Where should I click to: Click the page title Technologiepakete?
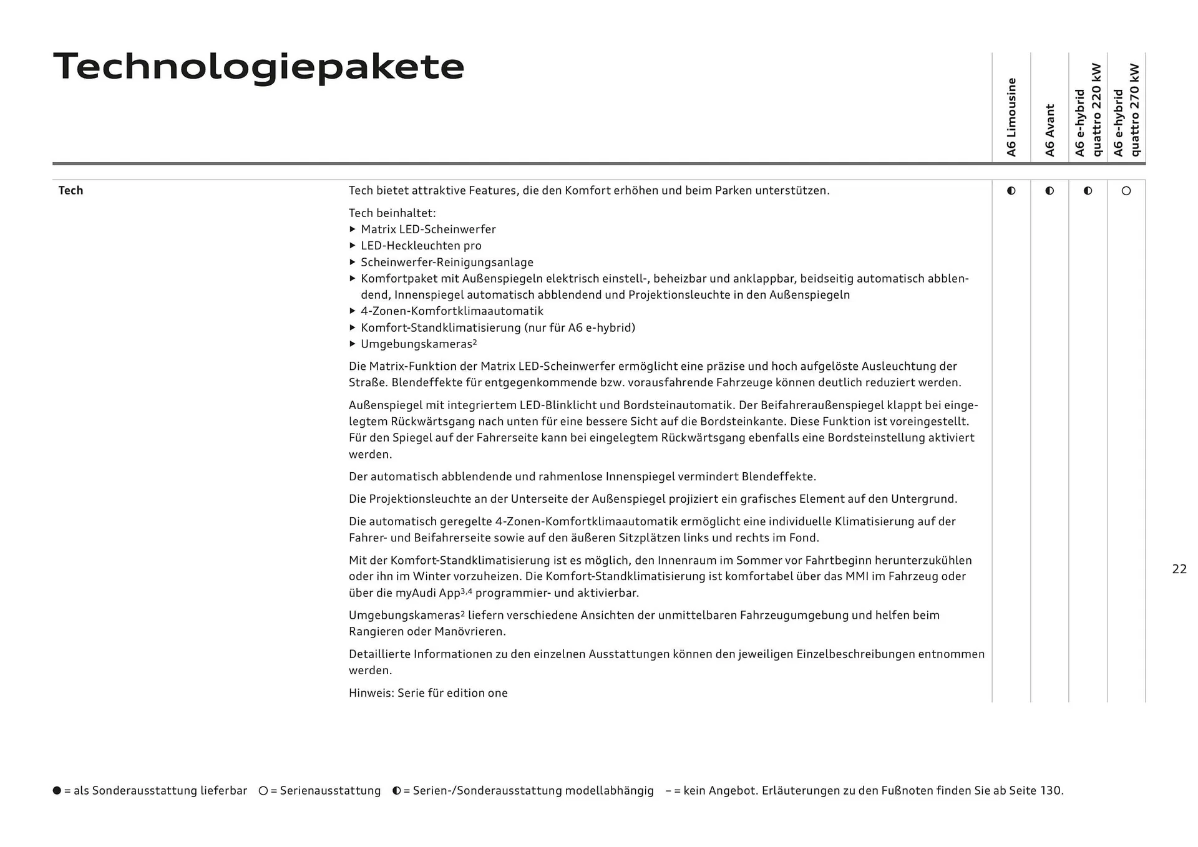point(258,67)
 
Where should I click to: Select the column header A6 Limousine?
point(1011,117)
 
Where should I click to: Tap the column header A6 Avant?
point(1049,130)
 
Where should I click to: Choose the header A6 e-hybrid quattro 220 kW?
point(1088,110)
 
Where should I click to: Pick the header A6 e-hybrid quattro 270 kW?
point(1127,110)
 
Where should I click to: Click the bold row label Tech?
point(71,191)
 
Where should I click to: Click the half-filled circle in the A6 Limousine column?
point(1011,191)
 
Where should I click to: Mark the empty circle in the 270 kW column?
point(1126,191)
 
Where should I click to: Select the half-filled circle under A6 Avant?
point(1049,191)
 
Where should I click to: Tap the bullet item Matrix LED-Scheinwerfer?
point(428,230)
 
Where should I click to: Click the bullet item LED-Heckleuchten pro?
point(421,246)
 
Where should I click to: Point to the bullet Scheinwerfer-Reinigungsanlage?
point(447,263)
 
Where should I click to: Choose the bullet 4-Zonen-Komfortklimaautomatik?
point(452,311)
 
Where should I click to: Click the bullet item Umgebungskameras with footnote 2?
point(418,344)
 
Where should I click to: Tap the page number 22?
point(1179,569)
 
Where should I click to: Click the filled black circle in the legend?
point(57,791)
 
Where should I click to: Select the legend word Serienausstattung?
point(330,791)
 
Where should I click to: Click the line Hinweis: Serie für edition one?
point(428,693)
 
